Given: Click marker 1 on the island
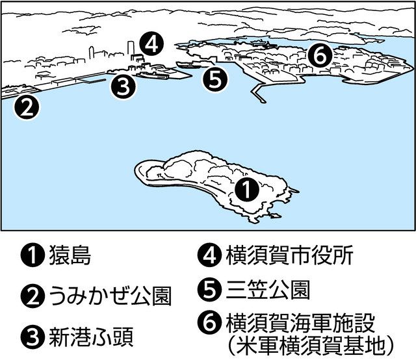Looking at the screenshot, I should coord(246,189).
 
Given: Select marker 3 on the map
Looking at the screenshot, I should coord(123,86).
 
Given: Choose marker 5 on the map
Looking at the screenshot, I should coord(216,79).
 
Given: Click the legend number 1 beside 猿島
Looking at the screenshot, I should coord(28,257).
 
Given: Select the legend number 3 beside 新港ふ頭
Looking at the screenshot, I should coord(28,337).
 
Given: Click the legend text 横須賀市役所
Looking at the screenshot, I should coord(289,255).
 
